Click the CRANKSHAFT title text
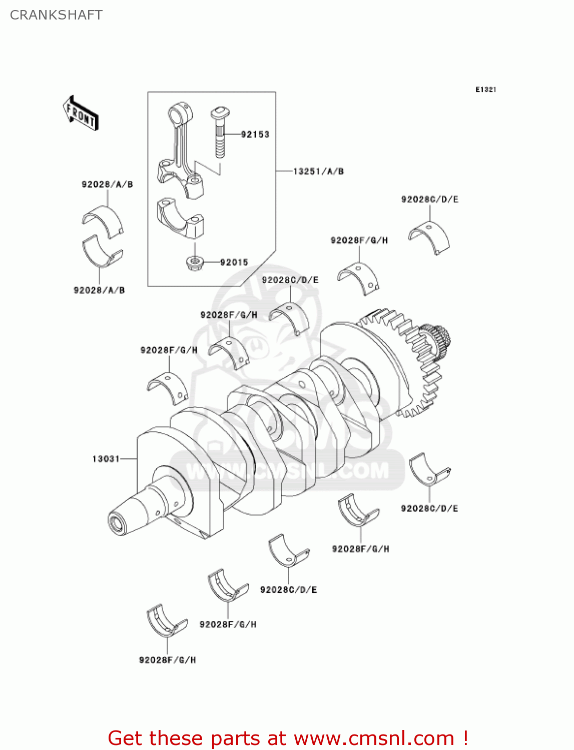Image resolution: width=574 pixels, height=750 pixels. coord(56,15)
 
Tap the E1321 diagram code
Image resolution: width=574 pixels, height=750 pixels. coord(485,89)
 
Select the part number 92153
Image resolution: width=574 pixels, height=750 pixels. coord(255,134)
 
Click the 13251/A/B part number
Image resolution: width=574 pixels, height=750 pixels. coord(318,171)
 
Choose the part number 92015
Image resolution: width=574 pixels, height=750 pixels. coord(234,262)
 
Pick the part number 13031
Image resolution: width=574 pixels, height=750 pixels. coord(106,458)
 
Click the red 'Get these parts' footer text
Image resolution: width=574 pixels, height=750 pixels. coord(288,738)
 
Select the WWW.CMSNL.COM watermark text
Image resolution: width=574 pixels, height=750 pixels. coord(287,470)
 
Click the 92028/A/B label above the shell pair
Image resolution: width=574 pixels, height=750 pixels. coord(107,184)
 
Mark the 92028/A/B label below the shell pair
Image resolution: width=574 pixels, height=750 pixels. coord(99,290)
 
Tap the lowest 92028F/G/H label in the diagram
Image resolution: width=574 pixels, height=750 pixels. coord(167,660)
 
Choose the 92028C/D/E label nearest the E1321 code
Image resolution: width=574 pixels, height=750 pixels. coord(429,199)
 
